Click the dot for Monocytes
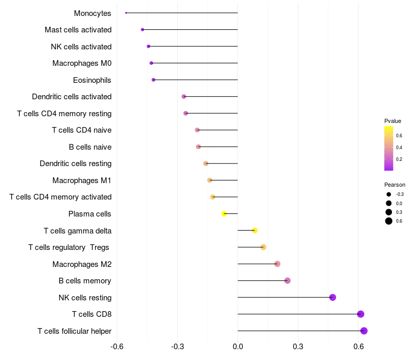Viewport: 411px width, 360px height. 126,13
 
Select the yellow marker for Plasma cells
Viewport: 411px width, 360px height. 224,213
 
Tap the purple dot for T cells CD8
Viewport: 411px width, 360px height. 361,314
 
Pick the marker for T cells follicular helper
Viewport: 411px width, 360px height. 364,331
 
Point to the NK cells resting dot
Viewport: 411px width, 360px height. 332,297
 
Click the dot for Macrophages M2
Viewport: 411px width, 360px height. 277,264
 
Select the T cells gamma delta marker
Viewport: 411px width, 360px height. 254,230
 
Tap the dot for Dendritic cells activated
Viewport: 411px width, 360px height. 184,97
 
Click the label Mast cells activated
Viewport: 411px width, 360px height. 78,30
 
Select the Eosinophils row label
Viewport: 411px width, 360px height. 92,80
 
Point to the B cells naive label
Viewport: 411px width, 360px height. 90,147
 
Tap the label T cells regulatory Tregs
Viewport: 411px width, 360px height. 69,247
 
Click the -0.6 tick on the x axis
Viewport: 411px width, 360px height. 117,347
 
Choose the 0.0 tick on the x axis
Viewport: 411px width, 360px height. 238,347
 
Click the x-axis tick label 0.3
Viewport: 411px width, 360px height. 298,347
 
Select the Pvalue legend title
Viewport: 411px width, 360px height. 393,121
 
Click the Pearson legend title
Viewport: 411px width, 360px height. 395,185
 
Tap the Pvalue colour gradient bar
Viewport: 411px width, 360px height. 389,149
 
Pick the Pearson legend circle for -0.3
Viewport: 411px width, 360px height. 389,194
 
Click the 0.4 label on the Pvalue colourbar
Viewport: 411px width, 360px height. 399,148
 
